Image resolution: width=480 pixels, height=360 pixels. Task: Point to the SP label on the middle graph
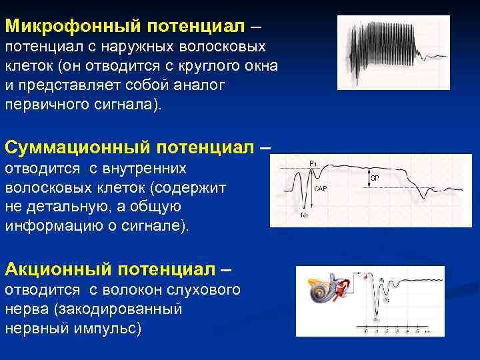[375, 179]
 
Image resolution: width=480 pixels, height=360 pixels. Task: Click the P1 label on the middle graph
[313, 163]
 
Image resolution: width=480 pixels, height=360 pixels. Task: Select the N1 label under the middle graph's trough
[305, 215]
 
